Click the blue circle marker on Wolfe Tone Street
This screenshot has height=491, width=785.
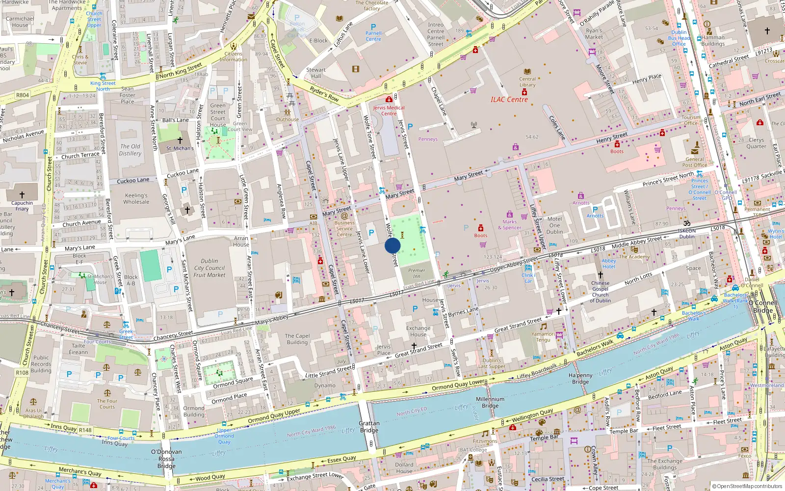click(x=392, y=245)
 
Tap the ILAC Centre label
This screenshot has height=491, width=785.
click(x=509, y=100)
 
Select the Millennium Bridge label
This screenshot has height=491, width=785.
click(x=490, y=402)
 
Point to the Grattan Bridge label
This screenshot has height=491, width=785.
click(x=369, y=427)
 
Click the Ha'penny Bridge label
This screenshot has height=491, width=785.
click(x=580, y=379)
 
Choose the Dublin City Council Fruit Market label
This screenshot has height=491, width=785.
click(x=209, y=268)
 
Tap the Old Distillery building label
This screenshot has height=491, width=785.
click(x=130, y=150)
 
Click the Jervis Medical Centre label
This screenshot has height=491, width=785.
click(x=389, y=110)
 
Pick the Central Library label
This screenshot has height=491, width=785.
click(x=527, y=82)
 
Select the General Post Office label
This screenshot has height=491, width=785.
click(x=695, y=162)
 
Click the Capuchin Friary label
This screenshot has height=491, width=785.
click(x=22, y=206)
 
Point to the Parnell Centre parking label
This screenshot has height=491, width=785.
click(x=373, y=36)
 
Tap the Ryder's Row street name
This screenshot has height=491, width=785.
click(x=324, y=94)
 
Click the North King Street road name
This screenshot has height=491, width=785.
click(x=181, y=71)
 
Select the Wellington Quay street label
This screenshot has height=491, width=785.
click(x=532, y=415)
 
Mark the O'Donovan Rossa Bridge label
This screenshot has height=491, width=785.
click(x=166, y=459)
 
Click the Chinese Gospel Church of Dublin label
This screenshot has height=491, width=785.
click(x=601, y=292)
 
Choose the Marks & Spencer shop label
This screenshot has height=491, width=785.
click(x=510, y=224)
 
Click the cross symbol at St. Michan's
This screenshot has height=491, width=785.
click(x=180, y=140)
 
